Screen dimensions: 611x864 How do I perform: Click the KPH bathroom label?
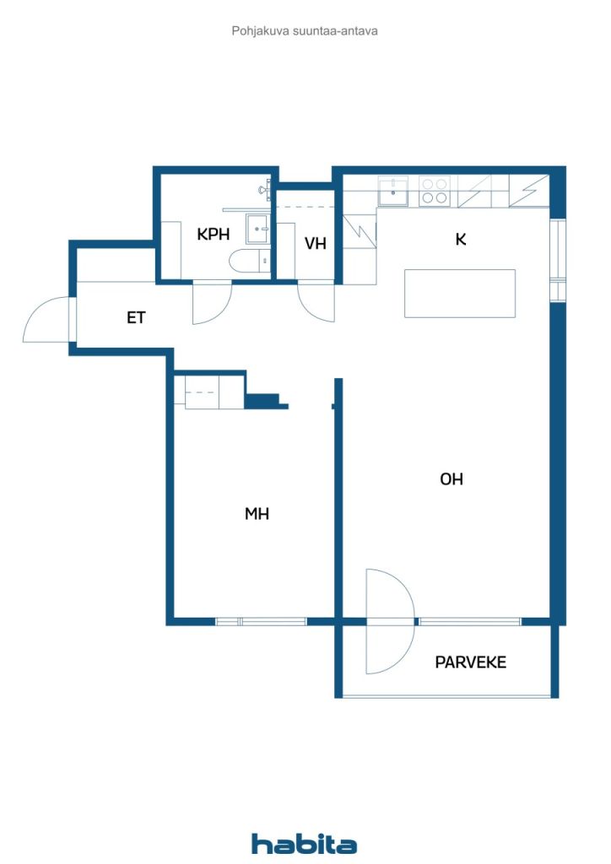pos(214,235)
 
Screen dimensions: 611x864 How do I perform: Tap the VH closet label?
pos(315,243)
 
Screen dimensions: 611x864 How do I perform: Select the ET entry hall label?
pos(136,317)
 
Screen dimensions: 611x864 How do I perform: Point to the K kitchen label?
pos(461,239)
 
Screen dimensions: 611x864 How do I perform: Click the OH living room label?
pos(451,479)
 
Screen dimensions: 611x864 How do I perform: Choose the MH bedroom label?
pos(257,514)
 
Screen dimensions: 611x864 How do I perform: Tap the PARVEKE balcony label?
pos(471,661)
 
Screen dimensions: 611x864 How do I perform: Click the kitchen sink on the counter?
pos(392,192)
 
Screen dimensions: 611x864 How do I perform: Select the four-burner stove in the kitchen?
pos(434,192)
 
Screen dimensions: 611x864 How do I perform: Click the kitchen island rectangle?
pos(460,293)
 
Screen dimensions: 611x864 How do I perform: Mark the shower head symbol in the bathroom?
pos(264,190)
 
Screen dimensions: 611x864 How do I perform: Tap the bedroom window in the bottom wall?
pos(261,622)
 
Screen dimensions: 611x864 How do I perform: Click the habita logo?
pos(304,844)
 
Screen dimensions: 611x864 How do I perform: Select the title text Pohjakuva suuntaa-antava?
pos(305,31)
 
